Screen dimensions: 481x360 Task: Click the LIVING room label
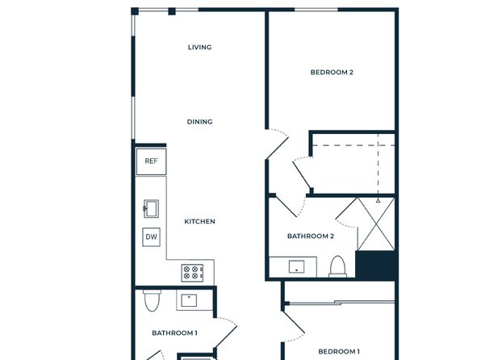[199, 48]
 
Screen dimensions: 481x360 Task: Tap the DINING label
[199, 122]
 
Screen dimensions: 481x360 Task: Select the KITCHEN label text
[199, 222]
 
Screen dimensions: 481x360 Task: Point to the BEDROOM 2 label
[332, 73]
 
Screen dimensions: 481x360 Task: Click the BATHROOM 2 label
[311, 237]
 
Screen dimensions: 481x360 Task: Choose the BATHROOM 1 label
[174, 333]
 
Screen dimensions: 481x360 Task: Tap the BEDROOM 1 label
[339, 352]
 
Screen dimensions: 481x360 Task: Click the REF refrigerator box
[151, 161]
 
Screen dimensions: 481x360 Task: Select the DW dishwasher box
[151, 237]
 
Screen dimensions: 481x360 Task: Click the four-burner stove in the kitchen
[192, 273]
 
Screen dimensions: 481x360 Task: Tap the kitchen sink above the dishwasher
[151, 209]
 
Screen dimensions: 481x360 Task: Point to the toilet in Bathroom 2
[337, 266]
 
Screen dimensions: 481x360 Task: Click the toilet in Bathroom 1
[152, 300]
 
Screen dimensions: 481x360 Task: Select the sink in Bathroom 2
[296, 266]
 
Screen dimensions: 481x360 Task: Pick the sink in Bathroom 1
[189, 301]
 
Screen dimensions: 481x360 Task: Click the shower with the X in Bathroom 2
[376, 224]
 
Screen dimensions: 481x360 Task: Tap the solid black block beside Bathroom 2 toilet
[375, 266]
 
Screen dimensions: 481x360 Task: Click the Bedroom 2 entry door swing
[278, 144]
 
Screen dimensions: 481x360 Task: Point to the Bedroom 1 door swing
[294, 327]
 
